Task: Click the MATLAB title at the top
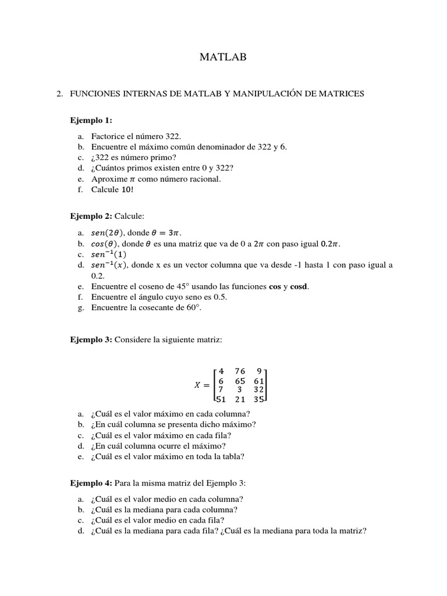pyautogui.click(x=223, y=56)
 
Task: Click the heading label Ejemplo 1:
pyautogui.click(x=91, y=120)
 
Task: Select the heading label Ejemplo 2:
pyautogui.click(x=91, y=216)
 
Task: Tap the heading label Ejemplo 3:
pyautogui.click(x=91, y=339)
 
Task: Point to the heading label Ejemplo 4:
pyautogui.click(x=91, y=483)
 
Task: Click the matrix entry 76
pyautogui.click(x=240, y=371)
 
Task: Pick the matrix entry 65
pyautogui.click(x=240, y=381)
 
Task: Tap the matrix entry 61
pyautogui.click(x=259, y=381)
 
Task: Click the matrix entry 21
pyautogui.click(x=240, y=399)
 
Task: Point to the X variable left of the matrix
pyautogui.click(x=197, y=385)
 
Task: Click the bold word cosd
pyautogui.click(x=300, y=286)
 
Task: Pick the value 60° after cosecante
pyautogui.click(x=193, y=307)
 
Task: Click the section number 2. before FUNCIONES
pyautogui.click(x=59, y=93)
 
